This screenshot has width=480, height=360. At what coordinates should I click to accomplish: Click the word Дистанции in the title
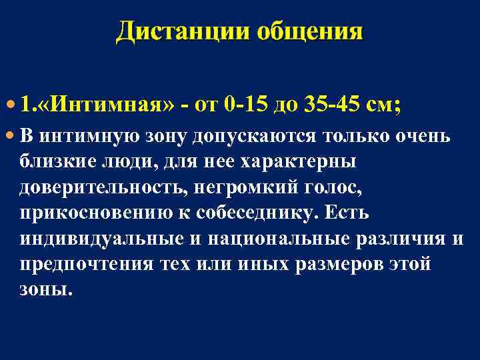[175, 31]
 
